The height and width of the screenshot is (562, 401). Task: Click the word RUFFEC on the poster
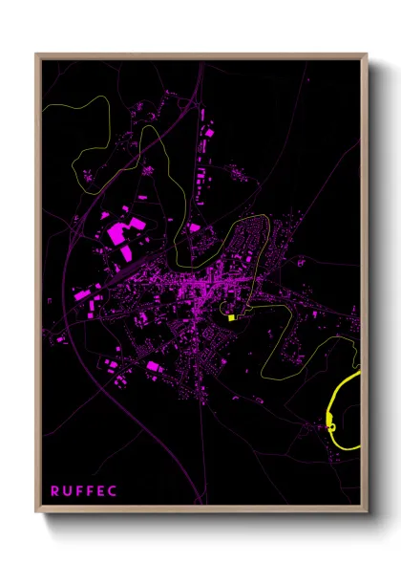pyautogui.click(x=84, y=491)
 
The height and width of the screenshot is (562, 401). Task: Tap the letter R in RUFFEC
pyautogui.click(x=55, y=491)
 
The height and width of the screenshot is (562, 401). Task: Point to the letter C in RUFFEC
pyautogui.click(x=113, y=491)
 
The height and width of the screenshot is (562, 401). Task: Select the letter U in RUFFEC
pyautogui.click(x=67, y=491)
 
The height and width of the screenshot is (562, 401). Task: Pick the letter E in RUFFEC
pyautogui.click(x=101, y=491)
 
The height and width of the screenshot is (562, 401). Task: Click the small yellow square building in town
pyautogui.click(x=231, y=317)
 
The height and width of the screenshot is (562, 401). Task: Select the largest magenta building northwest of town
pyautogui.click(x=123, y=231)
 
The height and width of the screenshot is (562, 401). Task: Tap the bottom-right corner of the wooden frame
pyautogui.click(x=367, y=508)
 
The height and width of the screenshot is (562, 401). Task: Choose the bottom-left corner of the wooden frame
pyautogui.click(x=36, y=508)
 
